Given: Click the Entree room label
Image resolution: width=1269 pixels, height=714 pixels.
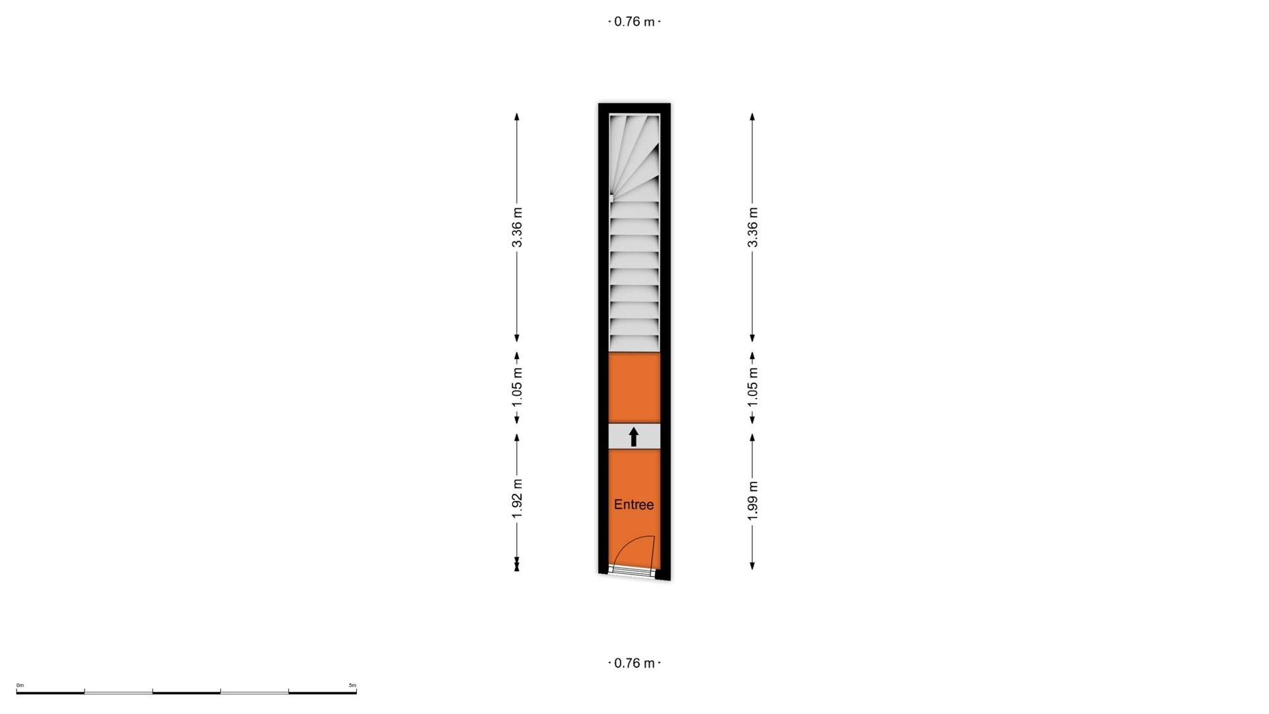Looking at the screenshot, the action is [634, 504].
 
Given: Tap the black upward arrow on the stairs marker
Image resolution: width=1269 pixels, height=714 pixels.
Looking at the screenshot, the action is [634, 436].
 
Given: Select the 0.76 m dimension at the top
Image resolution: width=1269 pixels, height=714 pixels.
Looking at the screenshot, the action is [634, 21].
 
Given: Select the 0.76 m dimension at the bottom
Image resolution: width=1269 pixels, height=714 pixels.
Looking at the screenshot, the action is [634, 663].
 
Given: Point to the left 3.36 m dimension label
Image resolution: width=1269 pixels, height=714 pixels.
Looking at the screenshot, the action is [517, 227].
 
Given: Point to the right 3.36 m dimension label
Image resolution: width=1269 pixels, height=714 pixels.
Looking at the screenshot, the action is [752, 227].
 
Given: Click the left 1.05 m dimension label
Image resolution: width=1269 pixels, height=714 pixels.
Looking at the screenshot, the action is [517, 387].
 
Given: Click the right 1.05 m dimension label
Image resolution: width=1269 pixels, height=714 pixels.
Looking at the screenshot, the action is [752, 387].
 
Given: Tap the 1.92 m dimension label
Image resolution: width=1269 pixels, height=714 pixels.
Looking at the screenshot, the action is [517, 498].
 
